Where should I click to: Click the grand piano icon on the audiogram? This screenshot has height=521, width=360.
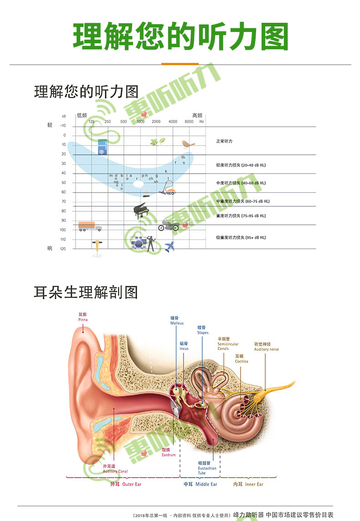[140, 211]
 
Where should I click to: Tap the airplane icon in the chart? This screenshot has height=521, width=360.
[170, 247]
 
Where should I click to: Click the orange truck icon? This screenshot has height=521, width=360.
[89, 226]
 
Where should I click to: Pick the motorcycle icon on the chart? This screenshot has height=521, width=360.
[168, 225]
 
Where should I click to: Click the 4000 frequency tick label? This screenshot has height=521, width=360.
[173, 122]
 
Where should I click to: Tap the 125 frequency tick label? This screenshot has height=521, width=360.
[92, 122]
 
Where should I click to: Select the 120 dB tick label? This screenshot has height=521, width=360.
[63, 249]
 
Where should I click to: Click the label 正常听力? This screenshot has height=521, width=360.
[224, 141]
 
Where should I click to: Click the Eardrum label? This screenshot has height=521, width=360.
[168, 452]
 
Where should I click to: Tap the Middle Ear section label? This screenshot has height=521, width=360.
[201, 484]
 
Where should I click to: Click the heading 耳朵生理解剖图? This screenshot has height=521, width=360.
[86, 292]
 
